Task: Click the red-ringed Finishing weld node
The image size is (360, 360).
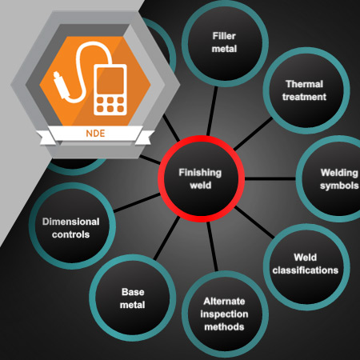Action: point(201,178)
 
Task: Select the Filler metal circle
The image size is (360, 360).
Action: point(225,43)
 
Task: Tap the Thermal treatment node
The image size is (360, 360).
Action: point(306,90)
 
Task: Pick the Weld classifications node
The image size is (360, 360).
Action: point(306,267)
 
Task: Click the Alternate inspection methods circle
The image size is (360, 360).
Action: point(225,314)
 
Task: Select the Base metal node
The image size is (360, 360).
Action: point(133,298)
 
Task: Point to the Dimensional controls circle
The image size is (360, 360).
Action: point(72,226)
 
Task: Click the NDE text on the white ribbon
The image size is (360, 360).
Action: point(95,134)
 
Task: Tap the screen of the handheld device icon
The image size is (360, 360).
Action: point(110,81)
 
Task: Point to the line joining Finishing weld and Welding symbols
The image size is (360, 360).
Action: point(270,178)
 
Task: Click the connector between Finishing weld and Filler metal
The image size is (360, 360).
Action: point(212,111)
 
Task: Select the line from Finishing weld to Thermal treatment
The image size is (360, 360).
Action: point(254,134)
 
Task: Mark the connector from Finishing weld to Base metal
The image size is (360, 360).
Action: point(166,238)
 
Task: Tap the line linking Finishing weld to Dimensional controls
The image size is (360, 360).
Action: point(137,203)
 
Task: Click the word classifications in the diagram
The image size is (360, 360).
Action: point(306,270)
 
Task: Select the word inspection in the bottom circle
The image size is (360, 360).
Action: point(224,314)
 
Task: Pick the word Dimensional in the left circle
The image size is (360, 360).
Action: point(71,222)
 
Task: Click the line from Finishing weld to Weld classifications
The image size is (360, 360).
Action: point(254,222)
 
